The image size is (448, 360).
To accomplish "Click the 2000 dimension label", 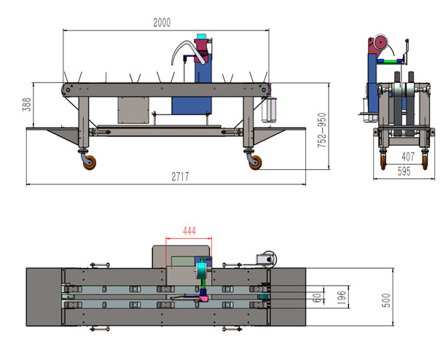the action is click(162, 23).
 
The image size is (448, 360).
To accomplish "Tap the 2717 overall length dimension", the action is click(180, 176).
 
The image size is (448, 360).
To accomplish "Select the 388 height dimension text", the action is click(26, 104).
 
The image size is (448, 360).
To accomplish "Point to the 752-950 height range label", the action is click(322, 130).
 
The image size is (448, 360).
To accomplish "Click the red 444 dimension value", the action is click(189, 230).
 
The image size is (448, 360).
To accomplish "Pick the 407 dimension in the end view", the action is click(408, 156).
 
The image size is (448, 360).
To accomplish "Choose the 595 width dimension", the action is click(404, 171).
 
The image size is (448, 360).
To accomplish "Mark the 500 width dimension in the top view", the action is click(385, 300).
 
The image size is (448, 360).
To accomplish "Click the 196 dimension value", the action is click(341, 297).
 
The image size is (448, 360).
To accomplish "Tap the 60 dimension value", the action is click(317, 297).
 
